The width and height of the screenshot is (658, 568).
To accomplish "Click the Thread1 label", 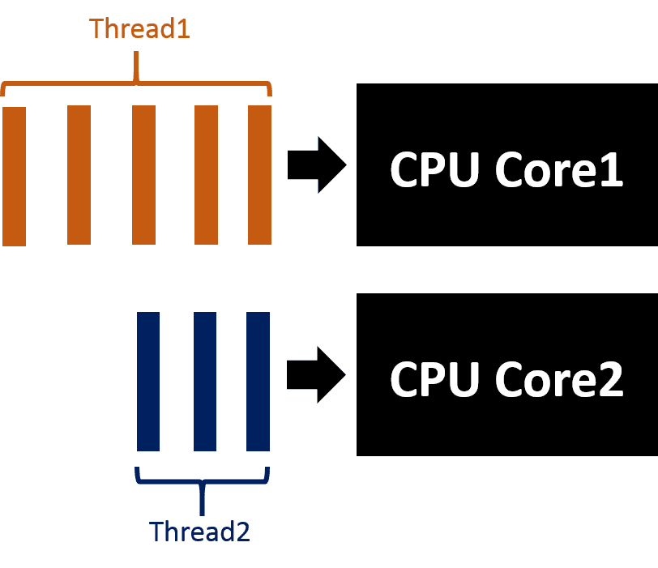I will [139, 28].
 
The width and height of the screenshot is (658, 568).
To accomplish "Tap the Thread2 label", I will [199, 532].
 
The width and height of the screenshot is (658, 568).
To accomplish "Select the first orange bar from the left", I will [15, 175].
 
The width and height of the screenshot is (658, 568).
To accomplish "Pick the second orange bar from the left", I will [79, 174].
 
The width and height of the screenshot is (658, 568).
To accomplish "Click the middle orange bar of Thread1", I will [143, 174].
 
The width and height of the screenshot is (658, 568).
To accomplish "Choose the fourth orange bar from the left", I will [206, 174].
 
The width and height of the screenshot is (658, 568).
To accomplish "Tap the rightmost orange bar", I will [259, 174].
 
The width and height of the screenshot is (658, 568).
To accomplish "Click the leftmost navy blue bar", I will [148, 381].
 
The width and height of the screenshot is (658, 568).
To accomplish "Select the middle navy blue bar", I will [205, 381].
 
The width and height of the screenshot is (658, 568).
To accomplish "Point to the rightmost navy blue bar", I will [258, 381].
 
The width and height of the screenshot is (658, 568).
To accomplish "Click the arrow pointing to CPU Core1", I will [316, 164].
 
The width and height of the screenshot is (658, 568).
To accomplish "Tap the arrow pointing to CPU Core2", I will [316, 374].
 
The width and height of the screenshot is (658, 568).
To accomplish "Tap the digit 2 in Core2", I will [609, 379].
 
